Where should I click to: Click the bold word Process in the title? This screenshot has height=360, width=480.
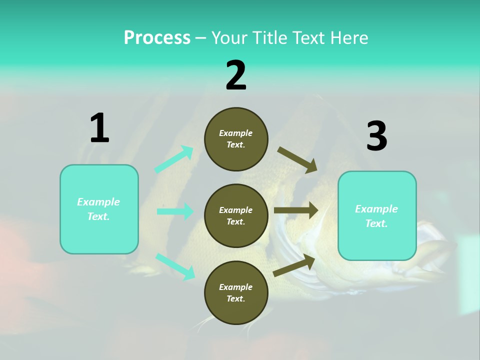(157, 38)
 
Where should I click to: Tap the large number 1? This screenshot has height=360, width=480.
(99, 128)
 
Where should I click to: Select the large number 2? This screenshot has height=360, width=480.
(236, 75)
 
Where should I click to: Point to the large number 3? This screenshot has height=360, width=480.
(376, 136)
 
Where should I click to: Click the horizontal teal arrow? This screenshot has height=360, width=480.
(175, 211)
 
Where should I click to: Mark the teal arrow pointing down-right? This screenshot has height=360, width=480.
(175, 266)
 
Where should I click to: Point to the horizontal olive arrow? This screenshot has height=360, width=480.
(296, 210)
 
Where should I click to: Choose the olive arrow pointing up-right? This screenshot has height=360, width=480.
(294, 265)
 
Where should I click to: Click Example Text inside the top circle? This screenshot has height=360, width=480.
(236, 139)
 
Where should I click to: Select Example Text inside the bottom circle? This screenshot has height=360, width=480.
(236, 293)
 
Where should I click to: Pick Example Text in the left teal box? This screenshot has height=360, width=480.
(99, 209)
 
